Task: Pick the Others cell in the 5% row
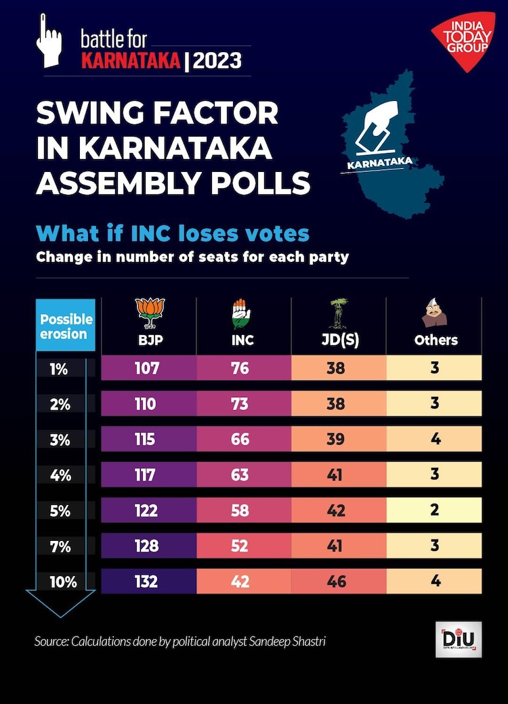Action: pyautogui.click(x=435, y=510)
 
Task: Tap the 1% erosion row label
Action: pyautogui.click(x=59, y=368)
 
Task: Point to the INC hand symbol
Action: pyautogui.click(x=240, y=313)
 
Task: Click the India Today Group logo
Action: pyautogui.click(x=466, y=42)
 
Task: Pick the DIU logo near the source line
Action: pyautogui.click(x=459, y=639)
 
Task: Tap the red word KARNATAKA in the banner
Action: pyautogui.click(x=131, y=61)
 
